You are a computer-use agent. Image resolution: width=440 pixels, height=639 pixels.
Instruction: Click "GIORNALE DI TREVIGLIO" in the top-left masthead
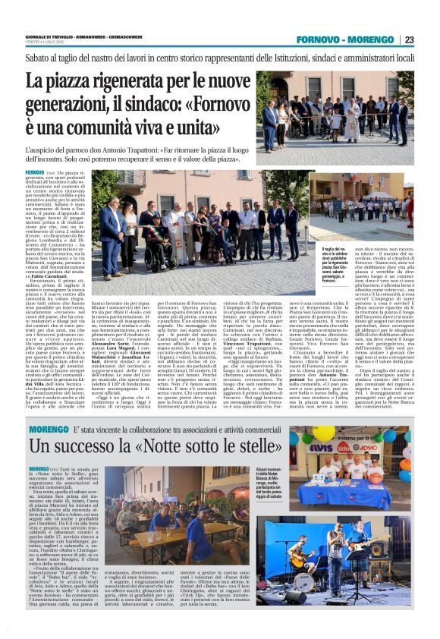coord(46,36)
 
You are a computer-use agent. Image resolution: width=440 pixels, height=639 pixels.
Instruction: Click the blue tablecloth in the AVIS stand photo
coord(349,493)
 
